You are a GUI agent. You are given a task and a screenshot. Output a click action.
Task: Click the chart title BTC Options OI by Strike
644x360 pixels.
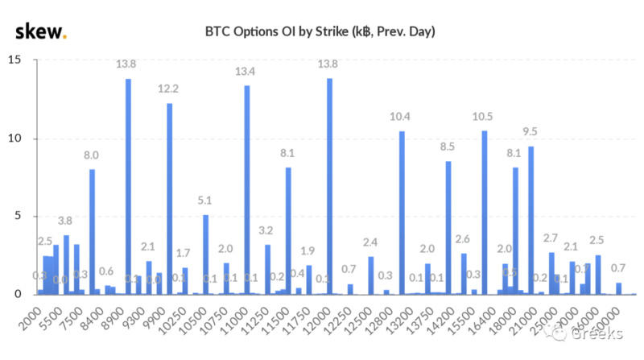point(320,33)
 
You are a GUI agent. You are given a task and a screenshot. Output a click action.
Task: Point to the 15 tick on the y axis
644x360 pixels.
point(16,60)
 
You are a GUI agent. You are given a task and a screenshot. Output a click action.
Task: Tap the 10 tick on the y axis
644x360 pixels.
point(16,139)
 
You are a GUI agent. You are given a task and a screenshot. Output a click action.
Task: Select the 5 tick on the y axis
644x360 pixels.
point(19,217)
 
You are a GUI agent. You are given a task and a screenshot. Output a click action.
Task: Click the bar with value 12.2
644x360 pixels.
point(169,199)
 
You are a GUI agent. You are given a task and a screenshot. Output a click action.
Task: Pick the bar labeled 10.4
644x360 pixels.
point(402,213)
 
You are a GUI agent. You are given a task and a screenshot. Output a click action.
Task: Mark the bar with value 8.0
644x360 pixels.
point(92,232)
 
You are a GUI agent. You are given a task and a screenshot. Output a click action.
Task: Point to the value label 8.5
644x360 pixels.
point(448,147)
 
